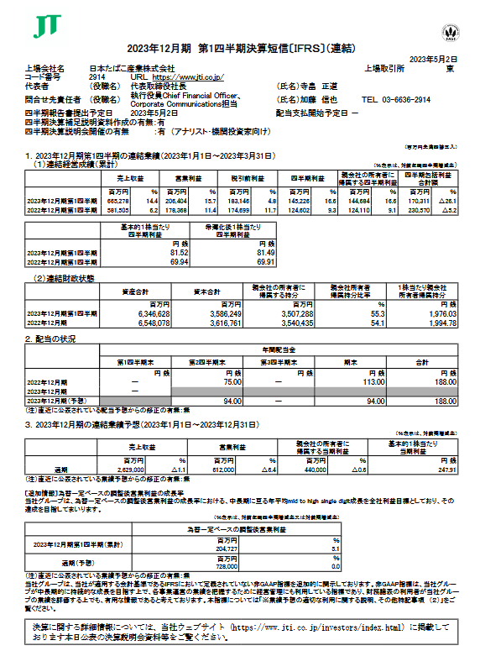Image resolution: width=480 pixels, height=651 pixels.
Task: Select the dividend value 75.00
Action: point(220,382)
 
